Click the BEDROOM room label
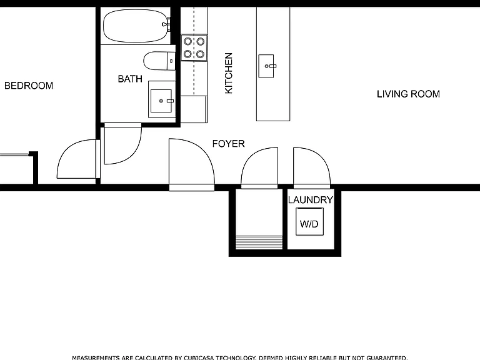[x=29, y=86]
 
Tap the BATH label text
[x=130, y=79]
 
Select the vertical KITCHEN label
[x=229, y=73]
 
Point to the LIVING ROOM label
[x=408, y=94]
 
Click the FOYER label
[x=228, y=144]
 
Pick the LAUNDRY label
[x=311, y=200]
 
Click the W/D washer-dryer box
[x=309, y=222]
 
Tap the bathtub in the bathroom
[x=136, y=26]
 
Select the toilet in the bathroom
[x=159, y=61]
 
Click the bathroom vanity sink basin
[x=161, y=101]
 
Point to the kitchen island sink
[x=266, y=66]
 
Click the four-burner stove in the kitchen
[x=194, y=47]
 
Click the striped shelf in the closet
[x=259, y=242]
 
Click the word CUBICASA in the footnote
[x=199, y=357]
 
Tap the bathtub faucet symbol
[x=166, y=24]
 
